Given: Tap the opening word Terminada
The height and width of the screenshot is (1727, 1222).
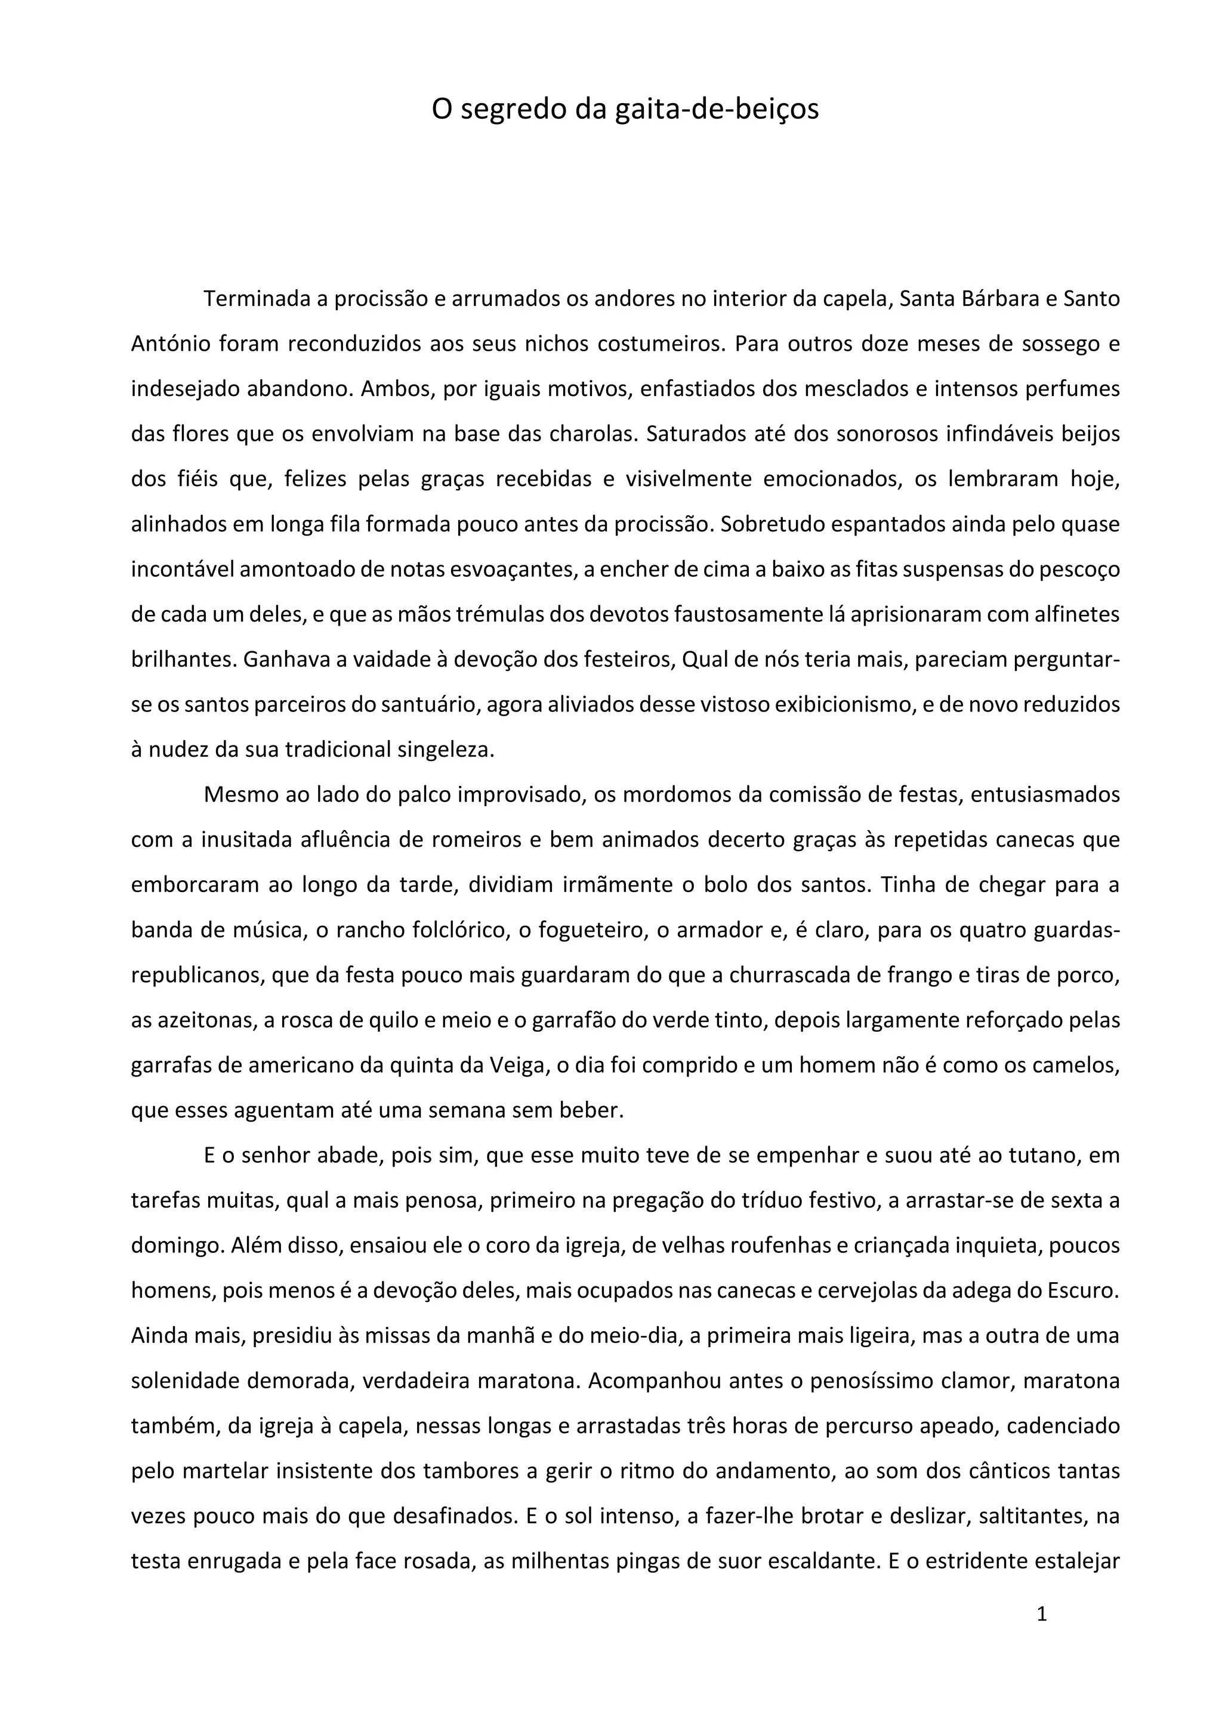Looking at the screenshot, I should pyautogui.click(x=256, y=299).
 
